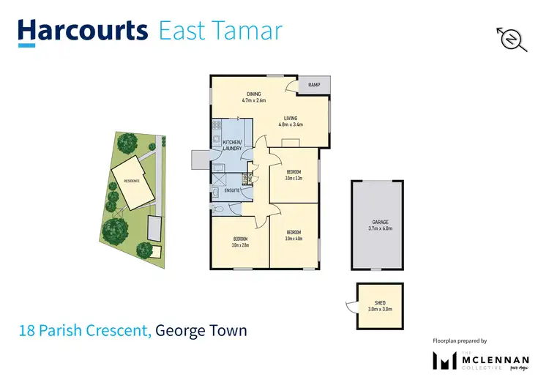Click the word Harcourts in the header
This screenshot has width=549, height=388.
coord(83,31)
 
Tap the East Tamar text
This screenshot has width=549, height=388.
coord(220,31)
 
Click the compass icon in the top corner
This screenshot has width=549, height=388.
coord(513,39)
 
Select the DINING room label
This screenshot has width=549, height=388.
coord(253,94)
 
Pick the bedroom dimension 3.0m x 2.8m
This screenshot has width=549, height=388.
coord(240,244)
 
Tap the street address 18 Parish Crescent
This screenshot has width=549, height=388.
coord(85,332)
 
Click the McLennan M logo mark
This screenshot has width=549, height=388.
coord(444,361)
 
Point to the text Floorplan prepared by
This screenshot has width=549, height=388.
coord(459,341)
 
